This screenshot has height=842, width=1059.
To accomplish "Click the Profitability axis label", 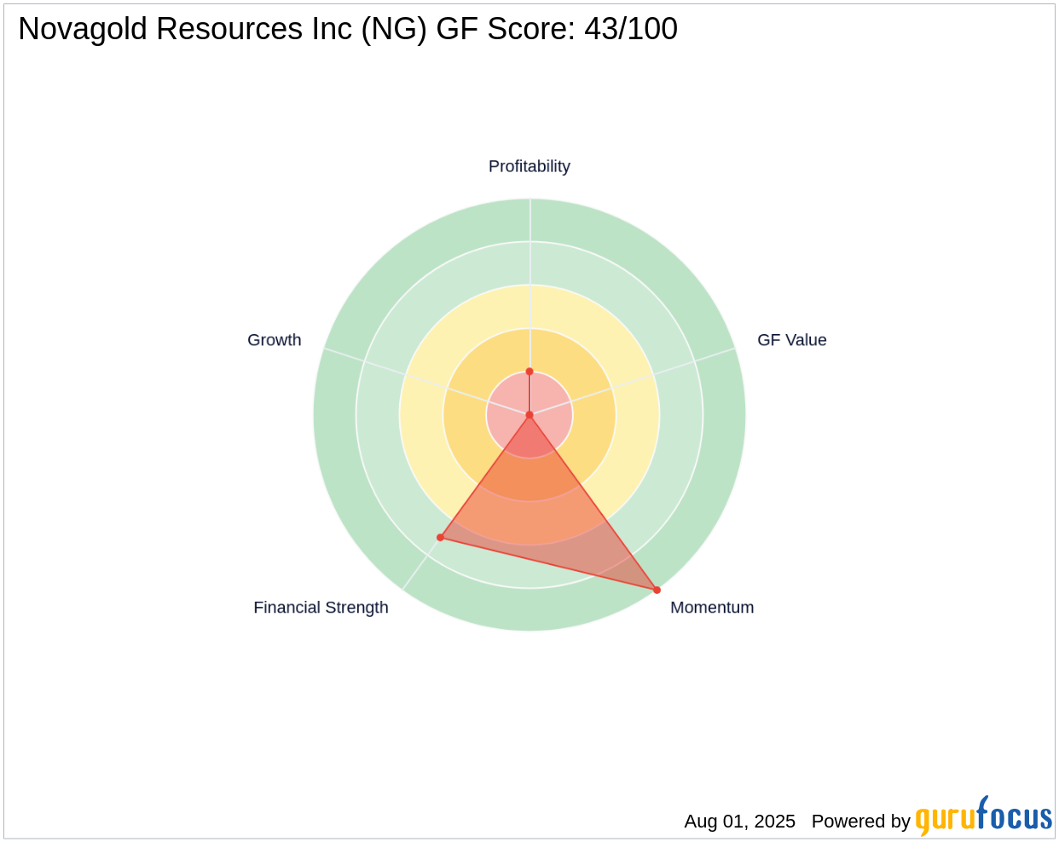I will (x=529, y=166).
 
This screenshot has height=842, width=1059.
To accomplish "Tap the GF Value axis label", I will (x=791, y=340).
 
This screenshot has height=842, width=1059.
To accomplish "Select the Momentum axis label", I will (x=712, y=608).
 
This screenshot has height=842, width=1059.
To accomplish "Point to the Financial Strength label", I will (x=321, y=608).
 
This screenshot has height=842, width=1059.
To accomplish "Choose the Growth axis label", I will (x=274, y=340).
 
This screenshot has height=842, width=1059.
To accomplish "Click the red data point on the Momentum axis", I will (x=657, y=590).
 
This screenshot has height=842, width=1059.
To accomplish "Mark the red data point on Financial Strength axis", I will (x=441, y=537).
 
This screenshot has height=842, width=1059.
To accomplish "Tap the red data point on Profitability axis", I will (x=529, y=372).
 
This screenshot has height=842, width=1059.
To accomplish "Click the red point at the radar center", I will (x=529, y=415).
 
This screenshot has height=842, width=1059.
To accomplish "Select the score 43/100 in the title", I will (x=630, y=30).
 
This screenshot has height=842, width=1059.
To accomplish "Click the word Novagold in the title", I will (x=78, y=30).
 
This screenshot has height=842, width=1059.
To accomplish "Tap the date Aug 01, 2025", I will (x=739, y=822).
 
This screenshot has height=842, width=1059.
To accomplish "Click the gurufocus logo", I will (x=983, y=816).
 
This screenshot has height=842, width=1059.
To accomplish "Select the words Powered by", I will (x=860, y=822).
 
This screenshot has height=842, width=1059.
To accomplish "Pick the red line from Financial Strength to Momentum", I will (x=548, y=563).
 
